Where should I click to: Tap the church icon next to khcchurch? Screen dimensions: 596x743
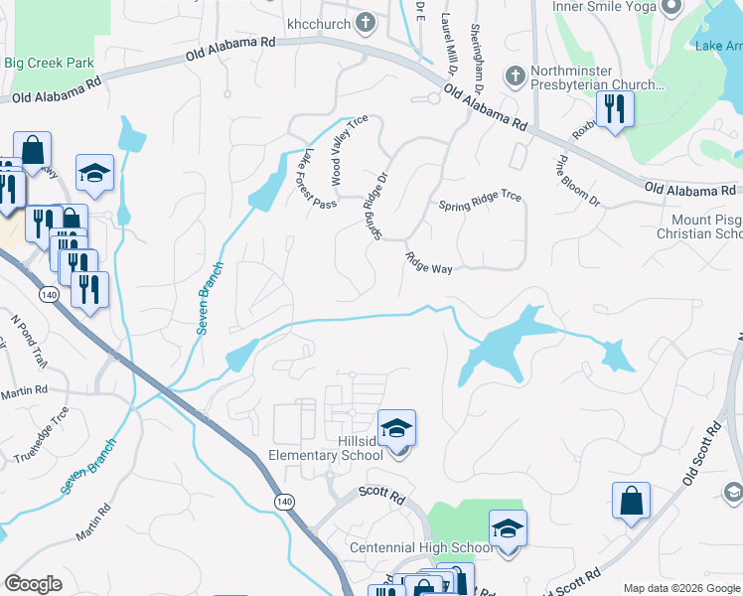pos(365,22)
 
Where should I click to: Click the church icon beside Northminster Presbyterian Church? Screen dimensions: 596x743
pos(515,75)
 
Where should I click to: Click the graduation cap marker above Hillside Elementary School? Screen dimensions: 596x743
pos(396,428)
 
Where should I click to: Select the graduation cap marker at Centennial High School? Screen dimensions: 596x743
pos(507,528)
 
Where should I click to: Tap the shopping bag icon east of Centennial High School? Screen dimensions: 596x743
pos(632,502)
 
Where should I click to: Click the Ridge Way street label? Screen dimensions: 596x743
pos(428,262)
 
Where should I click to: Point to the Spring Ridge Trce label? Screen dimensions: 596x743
pos(480,206)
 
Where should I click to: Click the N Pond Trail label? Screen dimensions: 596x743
pos(29,339)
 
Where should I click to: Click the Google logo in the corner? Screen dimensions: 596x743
pos(34,584)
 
